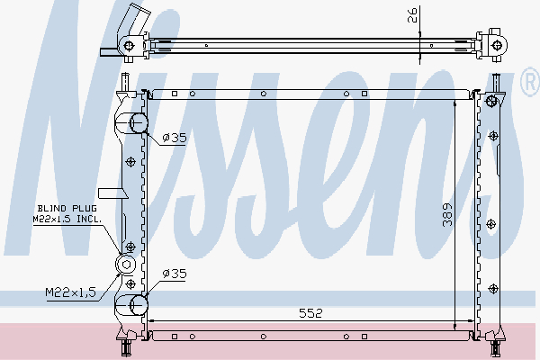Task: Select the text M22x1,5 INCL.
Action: tap(67, 219)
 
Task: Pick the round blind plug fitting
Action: tap(126, 265)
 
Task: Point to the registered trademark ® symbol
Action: tap(529, 84)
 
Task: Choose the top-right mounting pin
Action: tap(494, 82)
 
